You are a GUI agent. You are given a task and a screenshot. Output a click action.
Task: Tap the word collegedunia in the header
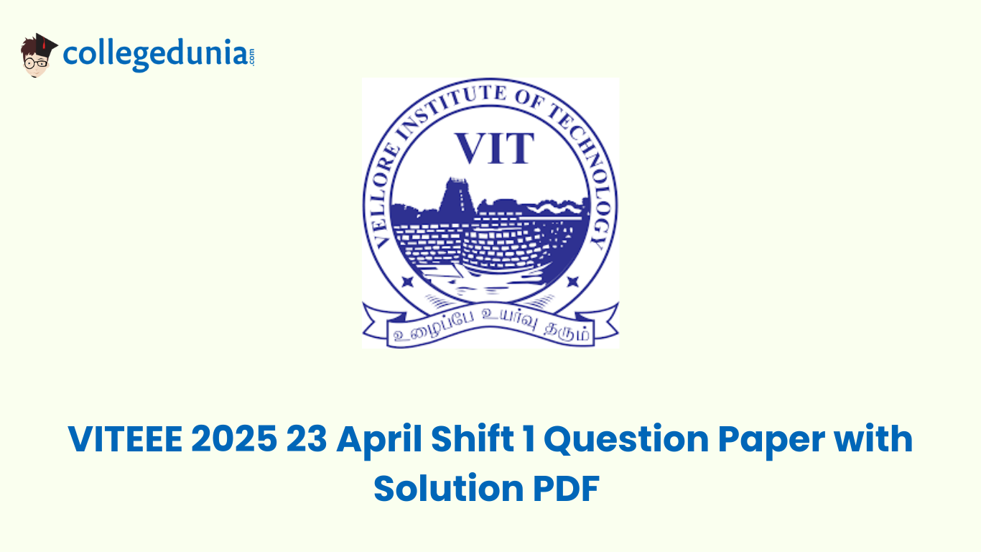tap(154, 54)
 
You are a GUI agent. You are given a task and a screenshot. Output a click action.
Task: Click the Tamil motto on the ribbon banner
tap(490, 333)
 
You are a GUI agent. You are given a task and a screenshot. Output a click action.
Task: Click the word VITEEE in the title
tap(125, 439)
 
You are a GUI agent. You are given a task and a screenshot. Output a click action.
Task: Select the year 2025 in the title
tap(233, 439)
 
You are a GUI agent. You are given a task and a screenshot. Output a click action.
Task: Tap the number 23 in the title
tap(307, 439)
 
